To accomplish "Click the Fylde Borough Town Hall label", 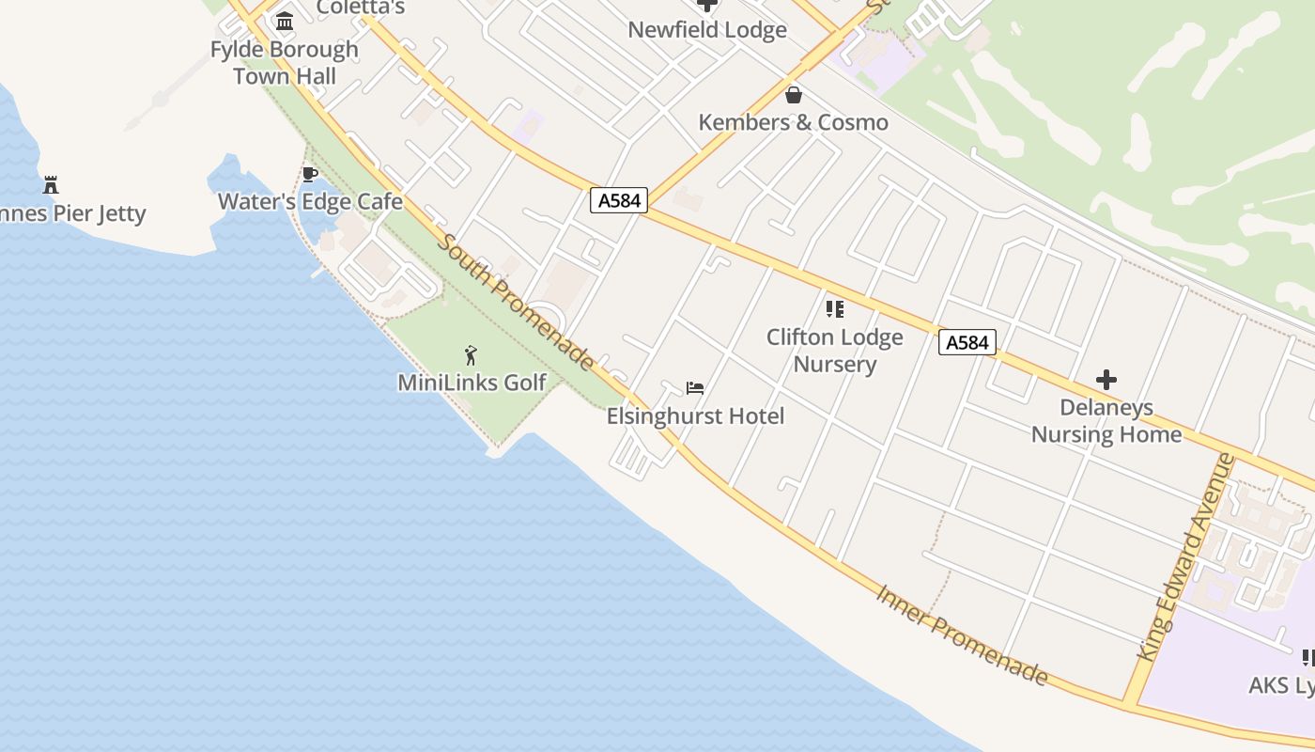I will point(284,63).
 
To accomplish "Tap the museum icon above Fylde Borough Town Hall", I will point(284,21).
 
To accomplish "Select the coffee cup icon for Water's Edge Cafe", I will point(310,174).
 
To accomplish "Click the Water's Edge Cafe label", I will point(310,202).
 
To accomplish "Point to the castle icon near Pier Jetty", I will point(51,184).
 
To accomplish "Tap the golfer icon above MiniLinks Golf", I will point(472,355).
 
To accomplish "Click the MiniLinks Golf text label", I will point(472,383).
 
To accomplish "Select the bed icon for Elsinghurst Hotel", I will point(695,387).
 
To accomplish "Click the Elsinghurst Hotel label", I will point(695,415).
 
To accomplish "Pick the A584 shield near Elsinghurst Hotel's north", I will point(619,200).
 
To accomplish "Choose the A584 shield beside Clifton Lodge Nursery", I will point(967,342).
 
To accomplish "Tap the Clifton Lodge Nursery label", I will point(834,351).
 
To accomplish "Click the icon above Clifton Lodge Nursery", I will point(834,308).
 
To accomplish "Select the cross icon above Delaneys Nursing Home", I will point(1106,380).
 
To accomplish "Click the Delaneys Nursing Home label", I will point(1106,420).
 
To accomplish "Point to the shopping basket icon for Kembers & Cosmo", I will point(794,95).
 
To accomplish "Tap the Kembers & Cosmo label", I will point(794,122).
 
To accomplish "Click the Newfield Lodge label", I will point(707,29).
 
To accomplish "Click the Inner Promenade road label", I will point(962,634).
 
